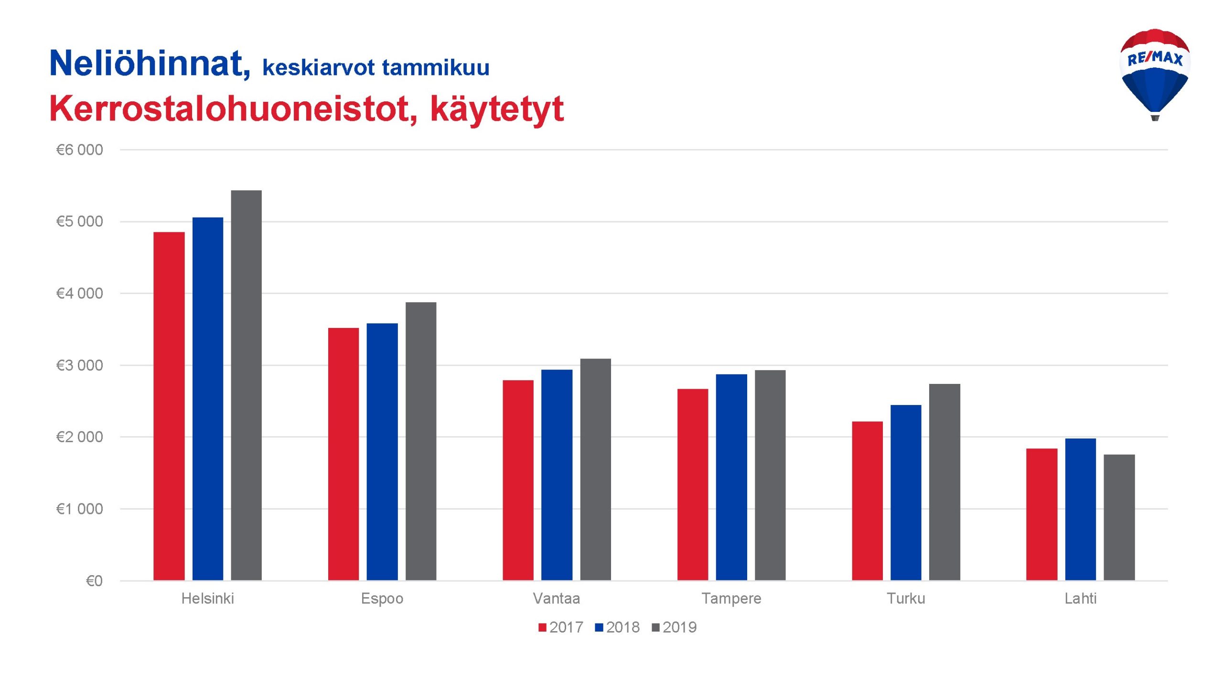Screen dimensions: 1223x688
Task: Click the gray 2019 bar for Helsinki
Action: click(x=246, y=385)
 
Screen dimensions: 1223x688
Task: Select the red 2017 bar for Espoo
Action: click(x=343, y=454)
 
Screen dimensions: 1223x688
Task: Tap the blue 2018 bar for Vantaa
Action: click(x=557, y=475)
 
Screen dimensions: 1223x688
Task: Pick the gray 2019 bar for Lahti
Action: click(x=1119, y=517)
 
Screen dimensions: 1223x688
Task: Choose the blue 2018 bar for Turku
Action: click(x=906, y=492)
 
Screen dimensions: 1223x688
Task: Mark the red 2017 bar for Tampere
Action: click(x=693, y=485)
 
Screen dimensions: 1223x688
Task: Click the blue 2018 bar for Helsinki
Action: click(x=208, y=399)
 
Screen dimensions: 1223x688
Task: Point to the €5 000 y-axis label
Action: click(x=79, y=221)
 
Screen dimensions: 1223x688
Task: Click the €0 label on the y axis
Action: click(x=94, y=581)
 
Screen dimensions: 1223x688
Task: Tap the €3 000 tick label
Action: click(x=79, y=365)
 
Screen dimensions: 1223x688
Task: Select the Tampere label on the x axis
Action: click(x=731, y=599)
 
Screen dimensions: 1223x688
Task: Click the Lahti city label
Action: click(x=1080, y=598)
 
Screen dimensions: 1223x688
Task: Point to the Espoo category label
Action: click(x=382, y=599)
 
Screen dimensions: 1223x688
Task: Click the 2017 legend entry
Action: click(x=561, y=627)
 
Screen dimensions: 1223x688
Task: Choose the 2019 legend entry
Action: click(x=674, y=627)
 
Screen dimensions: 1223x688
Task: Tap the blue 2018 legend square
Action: click(x=599, y=627)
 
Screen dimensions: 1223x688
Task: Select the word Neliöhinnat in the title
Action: click(x=150, y=63)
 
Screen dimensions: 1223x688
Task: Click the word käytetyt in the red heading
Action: click(x=497, y=109)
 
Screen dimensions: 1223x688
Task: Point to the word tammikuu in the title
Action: click(x=436, y=67)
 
